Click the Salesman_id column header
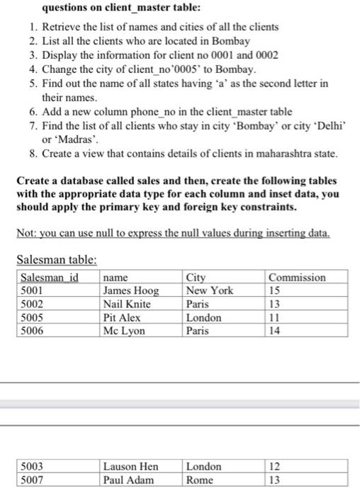[x=47, y=277]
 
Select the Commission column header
[x=297, y=277]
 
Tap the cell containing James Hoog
[x=131, y=290]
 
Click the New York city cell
[x=209, y=290]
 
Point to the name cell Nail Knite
[x=128, y=303]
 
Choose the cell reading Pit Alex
[x=123, y=317]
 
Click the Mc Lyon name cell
[x=124, y=330]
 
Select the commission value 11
[x=275, y=317]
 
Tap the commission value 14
[x=276, y=330]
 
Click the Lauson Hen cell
[x=130, y=466]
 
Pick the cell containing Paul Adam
[x=128, y=480]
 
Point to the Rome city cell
[x=200, y=480]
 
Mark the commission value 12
[x=276, y=466]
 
